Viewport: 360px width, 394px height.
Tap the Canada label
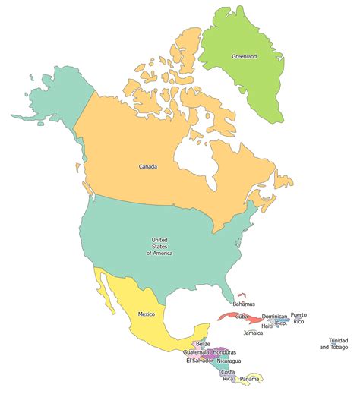[x=148, y=166]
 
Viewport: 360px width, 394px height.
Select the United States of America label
[x=159, y=246]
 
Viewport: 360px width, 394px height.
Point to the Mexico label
[x=147, y=314]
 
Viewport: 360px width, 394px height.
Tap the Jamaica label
[x=253, y=333]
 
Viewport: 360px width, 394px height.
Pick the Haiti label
[x=267, y=326]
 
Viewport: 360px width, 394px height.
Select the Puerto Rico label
[x=298, y=317]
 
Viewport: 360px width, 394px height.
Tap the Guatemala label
[x=196, y=352]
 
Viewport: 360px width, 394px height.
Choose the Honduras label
[x=225, y=352]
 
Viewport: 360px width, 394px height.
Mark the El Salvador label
[x=198, y=361]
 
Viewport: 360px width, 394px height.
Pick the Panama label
[x=249, y=379]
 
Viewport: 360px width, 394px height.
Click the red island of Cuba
[x=228, y=317]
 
